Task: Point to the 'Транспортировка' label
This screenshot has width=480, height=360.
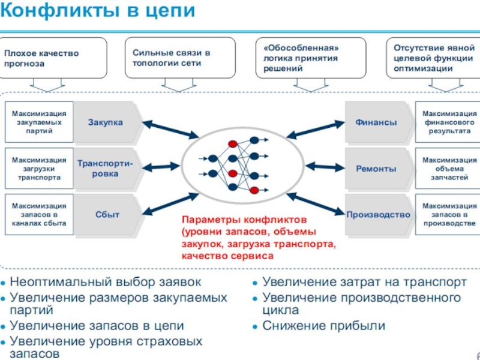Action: [x=106, y=169]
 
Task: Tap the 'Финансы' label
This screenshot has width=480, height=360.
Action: [x=376, y=122]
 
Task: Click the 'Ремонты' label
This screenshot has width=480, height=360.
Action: [x=376, y=169]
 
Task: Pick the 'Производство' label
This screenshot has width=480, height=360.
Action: [x=378, y=214]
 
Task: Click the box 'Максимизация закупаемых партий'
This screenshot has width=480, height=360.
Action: [x=39, y=122]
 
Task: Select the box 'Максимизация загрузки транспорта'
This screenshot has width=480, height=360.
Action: [x=39, y=169]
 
